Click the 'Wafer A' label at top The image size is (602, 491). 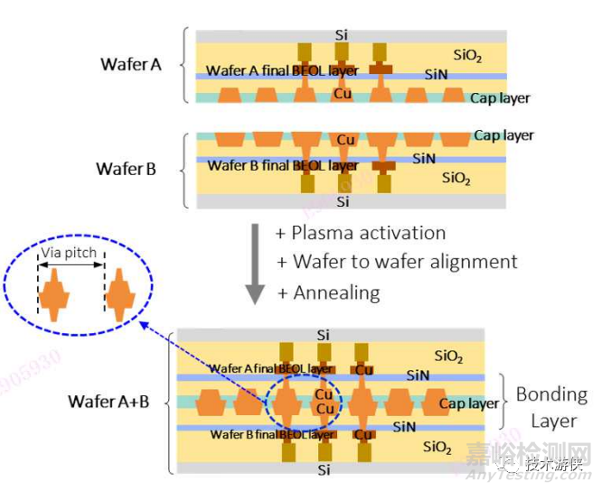(x=130, y=64)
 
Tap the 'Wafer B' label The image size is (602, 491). (x=130, y=169)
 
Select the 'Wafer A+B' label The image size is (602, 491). (x=108, y=402)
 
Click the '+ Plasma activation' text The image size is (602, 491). (x=361, y=233)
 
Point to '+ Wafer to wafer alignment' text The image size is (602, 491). (x=397, y=262)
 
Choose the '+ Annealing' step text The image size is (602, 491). (x=329, y=292)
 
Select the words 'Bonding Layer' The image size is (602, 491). (x=551, y=408)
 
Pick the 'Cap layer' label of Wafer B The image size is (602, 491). (x=503, y=135)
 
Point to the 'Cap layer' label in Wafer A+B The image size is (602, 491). (x=469, y=403)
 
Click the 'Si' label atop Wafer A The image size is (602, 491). (x=342, y=34)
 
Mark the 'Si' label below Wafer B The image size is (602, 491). (x=342, y=201)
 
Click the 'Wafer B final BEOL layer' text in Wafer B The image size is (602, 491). (x=282, y=165)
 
